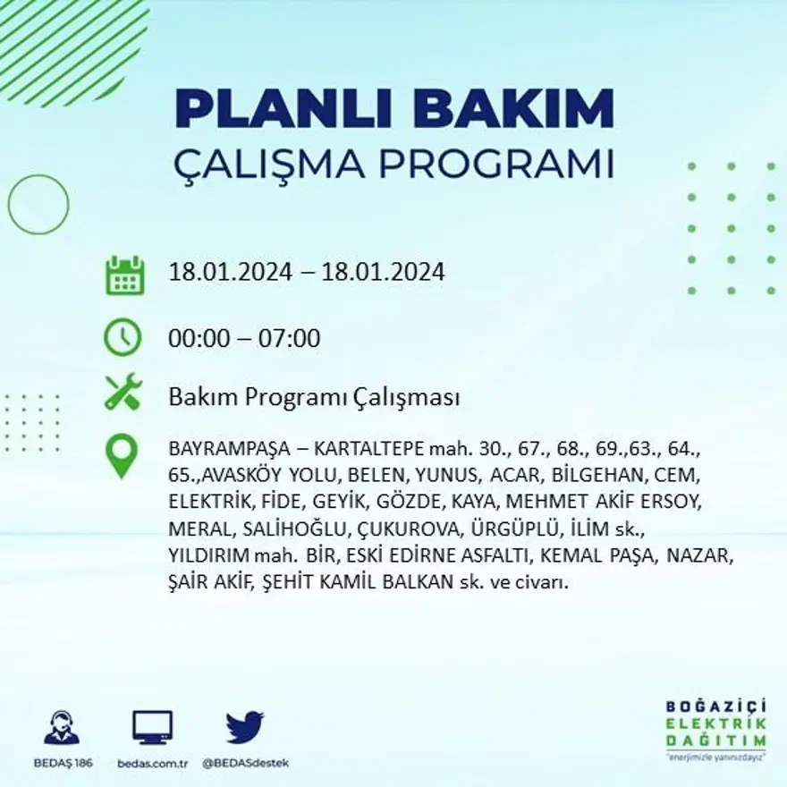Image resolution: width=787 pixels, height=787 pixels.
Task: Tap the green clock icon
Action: tap(123, 338)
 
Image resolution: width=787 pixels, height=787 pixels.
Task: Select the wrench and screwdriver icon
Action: tap(123, 392)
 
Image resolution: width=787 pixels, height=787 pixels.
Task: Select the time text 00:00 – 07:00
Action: tap(244, 339)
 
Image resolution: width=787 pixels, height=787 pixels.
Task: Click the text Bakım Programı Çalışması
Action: tap(314, 397)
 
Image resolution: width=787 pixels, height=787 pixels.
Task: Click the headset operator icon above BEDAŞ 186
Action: tap(62, 728)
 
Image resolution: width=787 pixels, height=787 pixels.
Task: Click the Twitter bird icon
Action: tap(244, 727)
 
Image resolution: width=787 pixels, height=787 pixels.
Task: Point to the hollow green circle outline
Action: tap(38, 205)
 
